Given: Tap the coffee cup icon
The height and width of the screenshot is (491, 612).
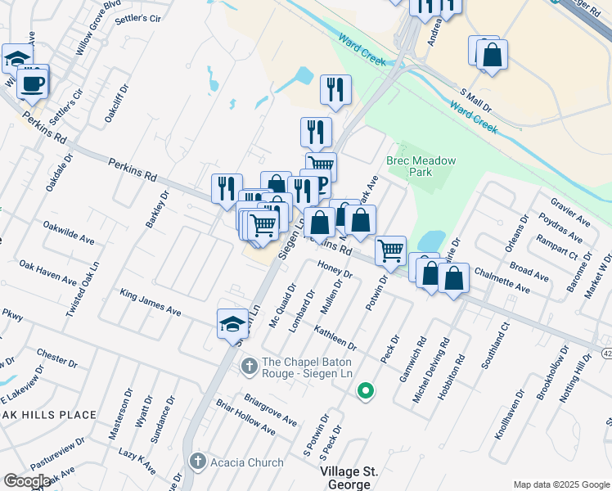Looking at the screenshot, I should click(x=33, y=83).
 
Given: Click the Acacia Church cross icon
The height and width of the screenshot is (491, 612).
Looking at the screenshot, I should click(x=197, y=462).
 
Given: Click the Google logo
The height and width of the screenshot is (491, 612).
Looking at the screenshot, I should click(x=27, y=481).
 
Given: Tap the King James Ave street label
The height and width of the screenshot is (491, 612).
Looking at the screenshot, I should click(x=150, y=301).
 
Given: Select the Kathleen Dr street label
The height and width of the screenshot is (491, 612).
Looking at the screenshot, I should click(x=335, y=336).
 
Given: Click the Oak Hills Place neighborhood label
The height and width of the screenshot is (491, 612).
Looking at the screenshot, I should click(x=49, y=415).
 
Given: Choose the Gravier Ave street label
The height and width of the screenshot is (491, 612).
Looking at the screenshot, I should click(x=569, y=212).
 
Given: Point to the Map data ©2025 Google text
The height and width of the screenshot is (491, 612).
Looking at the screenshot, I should click(x=561, y=484).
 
